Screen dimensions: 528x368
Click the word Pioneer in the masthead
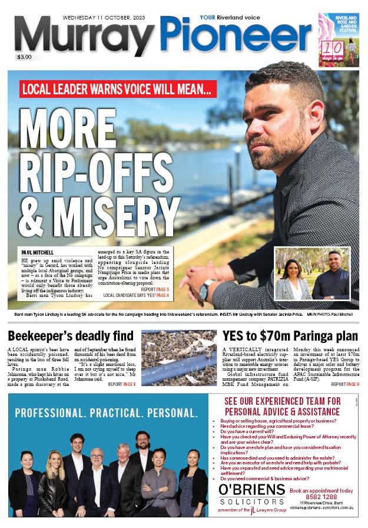tap(236, 37)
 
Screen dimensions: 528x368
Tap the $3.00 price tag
tap(24, 57)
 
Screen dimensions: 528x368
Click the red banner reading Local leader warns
tap(118, 88)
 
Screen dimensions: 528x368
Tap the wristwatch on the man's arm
tap(205, 290)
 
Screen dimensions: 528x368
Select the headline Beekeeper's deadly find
tap(71, 336)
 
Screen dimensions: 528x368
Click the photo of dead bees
tap(179, 358)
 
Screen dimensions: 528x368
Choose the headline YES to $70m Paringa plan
tap(290, 336)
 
